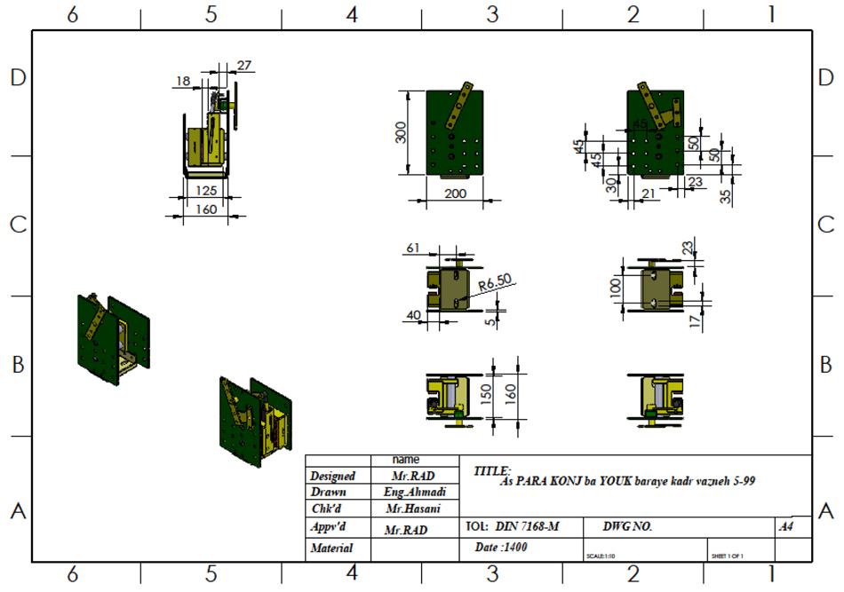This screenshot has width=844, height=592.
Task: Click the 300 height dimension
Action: (401, 133)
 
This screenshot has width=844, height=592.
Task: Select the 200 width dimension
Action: (455, 193)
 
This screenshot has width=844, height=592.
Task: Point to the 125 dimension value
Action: (205, 191)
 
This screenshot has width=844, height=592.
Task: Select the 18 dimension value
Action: (182, 81)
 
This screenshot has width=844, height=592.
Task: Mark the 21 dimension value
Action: (648, 194)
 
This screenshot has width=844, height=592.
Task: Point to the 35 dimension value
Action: (727, 196)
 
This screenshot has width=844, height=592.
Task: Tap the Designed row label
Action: (333, 477)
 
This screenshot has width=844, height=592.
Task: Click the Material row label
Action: (331, 549)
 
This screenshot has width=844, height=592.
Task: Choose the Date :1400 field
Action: (501, 548)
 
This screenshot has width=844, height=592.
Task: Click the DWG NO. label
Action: (627, 527)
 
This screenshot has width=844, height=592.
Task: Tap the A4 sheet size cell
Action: (785, 527)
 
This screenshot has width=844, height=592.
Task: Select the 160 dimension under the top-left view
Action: (205, 210)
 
